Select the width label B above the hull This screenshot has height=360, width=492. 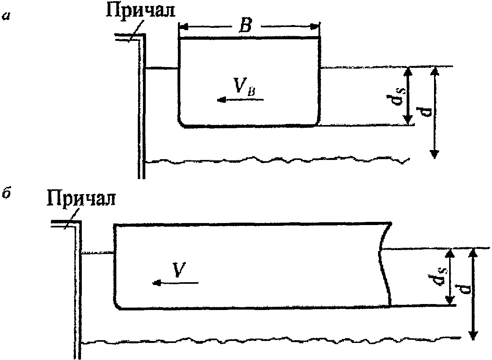pyautogui.click(x=244, y=27)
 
